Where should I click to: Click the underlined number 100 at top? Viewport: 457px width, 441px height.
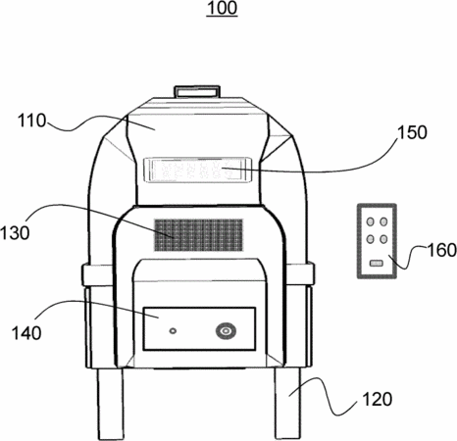click(222, 8)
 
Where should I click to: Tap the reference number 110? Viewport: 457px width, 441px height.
click(31, 121)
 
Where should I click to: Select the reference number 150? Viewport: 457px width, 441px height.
click(412, 132)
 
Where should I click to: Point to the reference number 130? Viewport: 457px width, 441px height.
click(15, 233)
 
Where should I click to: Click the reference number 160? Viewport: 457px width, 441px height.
click(442, 250)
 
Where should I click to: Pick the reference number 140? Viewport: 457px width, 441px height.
click(26, 333)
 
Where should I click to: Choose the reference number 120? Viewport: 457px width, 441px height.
click(377, 399)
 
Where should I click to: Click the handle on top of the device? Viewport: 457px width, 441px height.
click(197, 91)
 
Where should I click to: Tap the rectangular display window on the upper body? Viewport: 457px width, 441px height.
click(197, 170)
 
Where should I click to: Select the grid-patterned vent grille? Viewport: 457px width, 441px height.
click(198, 235)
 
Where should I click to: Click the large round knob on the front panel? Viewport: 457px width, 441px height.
click(226, 331)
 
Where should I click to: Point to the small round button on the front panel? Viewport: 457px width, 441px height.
click(173, 331)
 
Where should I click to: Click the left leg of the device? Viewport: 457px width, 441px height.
click(110, 404)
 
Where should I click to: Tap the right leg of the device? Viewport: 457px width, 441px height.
click(287, 403)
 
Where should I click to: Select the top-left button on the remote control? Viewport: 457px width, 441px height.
click(370, 221)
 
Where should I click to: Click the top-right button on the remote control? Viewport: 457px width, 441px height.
click(383, 221)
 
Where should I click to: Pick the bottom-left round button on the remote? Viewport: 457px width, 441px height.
click(370, 239)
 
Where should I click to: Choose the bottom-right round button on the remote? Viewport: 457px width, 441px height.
click(383, 239)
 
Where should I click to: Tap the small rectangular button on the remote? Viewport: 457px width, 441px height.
click(376, 263)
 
